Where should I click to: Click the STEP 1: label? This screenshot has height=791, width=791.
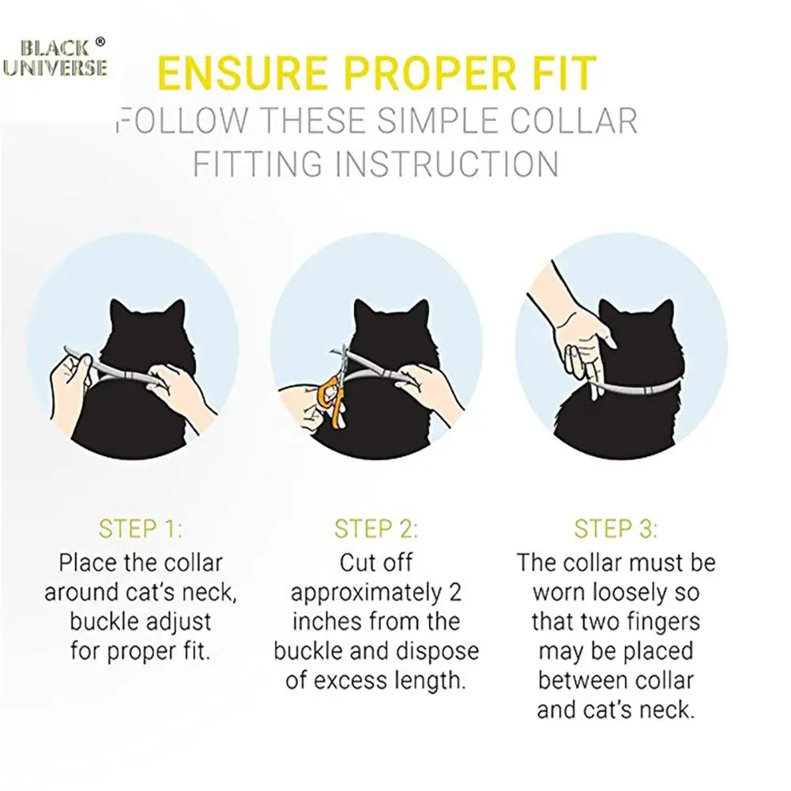(141, 528)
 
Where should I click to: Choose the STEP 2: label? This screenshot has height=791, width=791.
(376, 528)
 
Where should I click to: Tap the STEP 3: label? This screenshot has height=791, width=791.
(616, 528)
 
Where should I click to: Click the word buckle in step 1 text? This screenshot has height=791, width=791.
(107, 622)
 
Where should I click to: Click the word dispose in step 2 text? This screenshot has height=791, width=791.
(439, 651)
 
